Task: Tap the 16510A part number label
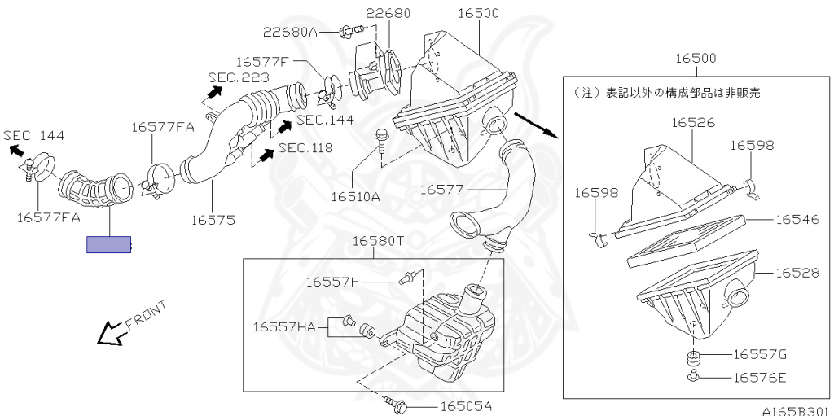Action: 355,196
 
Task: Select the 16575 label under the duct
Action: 213,219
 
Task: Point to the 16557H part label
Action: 332,282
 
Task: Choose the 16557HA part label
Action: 283,327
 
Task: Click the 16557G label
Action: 760,354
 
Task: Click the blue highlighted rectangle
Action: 109,244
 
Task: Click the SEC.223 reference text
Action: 232,77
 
